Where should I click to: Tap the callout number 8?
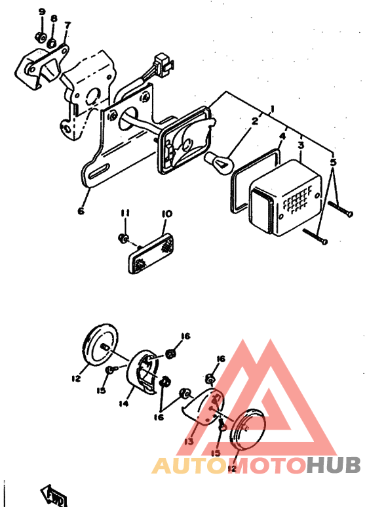tap(54, 18)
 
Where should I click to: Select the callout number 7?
tap(68, 26)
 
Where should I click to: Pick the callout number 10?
tap(166, 214)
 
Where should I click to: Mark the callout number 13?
tap(189, 441)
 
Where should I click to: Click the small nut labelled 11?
tap(123, 237)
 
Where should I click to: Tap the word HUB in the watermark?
tap(334, 466)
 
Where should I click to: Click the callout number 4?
tap(282, 137)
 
